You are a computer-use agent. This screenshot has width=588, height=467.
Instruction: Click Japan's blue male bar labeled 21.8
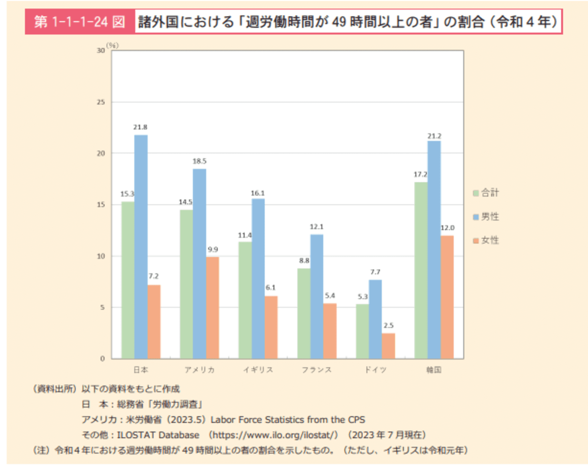[x=141, y=246]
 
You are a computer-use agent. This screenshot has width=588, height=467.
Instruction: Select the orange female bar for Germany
[x=388, y=346]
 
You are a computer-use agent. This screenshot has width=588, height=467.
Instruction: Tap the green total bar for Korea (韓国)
[x=421, y=270]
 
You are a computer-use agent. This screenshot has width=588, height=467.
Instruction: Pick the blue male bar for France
[x=317, y=296]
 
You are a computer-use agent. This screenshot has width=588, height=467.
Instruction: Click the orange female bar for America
[x=212, y=307]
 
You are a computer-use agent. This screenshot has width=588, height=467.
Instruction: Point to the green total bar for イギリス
[x=245, y=300]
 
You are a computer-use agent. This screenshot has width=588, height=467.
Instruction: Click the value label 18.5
[x=200, y=161]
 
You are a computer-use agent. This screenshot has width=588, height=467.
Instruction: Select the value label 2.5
[x=388, y=326]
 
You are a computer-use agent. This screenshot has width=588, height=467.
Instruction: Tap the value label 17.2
[x=420, y=174]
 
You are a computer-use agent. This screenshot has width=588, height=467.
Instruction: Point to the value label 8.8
[x=304, y=260]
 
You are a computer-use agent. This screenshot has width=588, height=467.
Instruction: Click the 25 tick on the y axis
[x=101, y=102]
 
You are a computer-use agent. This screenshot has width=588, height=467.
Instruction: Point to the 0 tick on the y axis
[x=102, y=359]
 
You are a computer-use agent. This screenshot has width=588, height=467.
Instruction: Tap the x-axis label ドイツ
[x=375, y=370]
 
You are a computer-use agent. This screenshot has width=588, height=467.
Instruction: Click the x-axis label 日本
[x=141, y=370]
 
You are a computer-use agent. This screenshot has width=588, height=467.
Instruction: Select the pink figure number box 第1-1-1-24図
[x=80, y=22]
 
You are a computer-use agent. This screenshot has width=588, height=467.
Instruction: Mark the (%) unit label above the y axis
[x=112, y=46]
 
